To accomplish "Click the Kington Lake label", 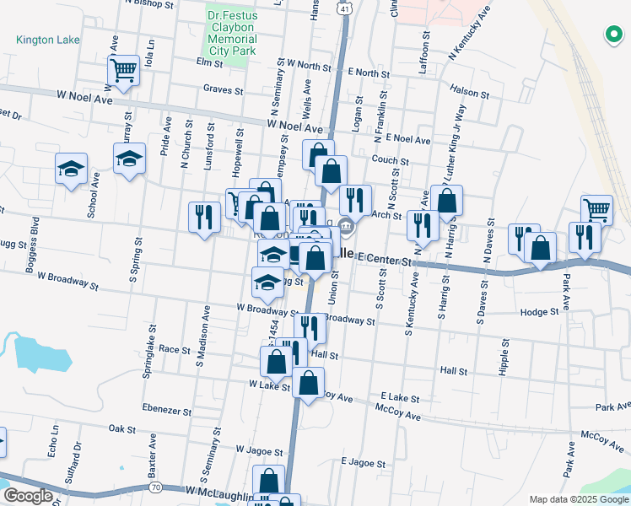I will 47,40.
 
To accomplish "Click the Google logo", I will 28,496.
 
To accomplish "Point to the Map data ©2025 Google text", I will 579,498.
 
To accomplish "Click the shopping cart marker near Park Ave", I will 596,209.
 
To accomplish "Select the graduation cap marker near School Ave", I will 72,168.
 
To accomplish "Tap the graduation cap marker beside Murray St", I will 130,159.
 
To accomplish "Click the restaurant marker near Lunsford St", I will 203,218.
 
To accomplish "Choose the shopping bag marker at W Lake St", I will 277,363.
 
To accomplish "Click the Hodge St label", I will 540,311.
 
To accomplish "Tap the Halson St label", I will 470,93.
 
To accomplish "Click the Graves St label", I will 223,89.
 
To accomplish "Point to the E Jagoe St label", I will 363,463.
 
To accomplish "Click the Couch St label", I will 391,160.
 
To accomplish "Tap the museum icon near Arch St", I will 346,226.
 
